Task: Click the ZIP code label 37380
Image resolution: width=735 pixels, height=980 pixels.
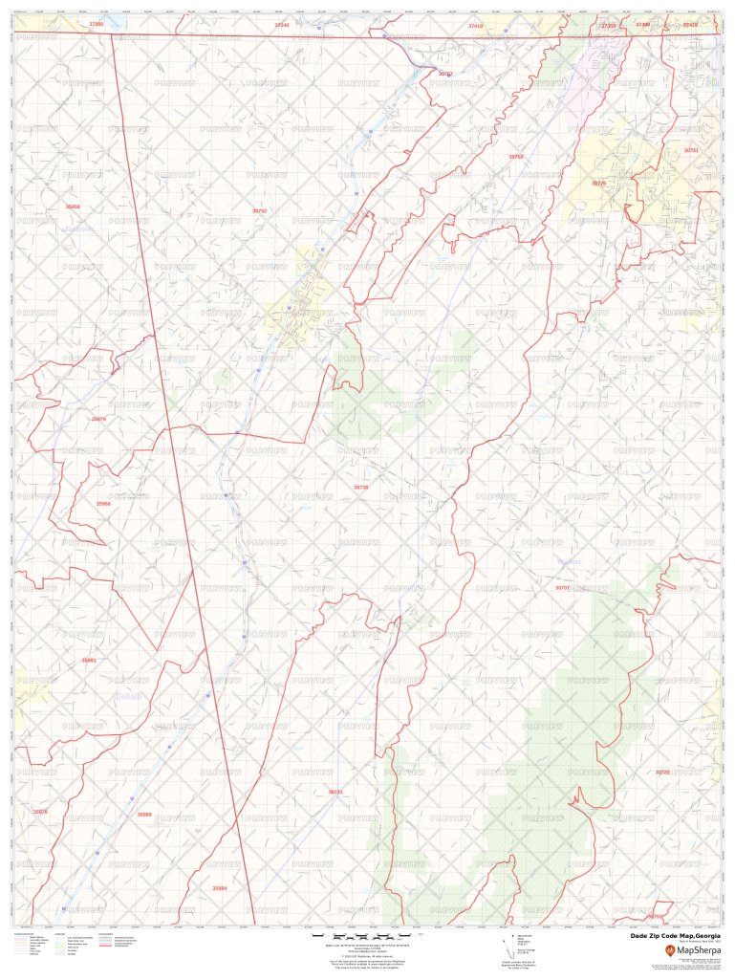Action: tap(96, 23)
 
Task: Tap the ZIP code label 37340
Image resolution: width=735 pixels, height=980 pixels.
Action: tap(281, 25)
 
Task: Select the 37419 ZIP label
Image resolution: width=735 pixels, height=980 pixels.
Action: tap(476, 26)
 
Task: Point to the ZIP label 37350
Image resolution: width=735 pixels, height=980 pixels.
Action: tap(608, 26)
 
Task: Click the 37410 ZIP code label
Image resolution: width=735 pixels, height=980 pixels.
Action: tap(690, 25)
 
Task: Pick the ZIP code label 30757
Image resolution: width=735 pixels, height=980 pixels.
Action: tap(445, 74)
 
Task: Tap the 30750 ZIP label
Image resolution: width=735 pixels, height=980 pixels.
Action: tap(516, 156)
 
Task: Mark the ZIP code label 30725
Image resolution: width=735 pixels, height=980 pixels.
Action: tap(598, 183)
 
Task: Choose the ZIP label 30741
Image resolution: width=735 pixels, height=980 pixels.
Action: tap(691, 150)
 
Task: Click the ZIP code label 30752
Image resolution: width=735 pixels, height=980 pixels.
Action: tap(259, 210)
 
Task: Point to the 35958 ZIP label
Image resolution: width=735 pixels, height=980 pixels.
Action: tap(74, 207)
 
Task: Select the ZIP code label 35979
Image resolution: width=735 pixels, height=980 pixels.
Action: tap(98, 419)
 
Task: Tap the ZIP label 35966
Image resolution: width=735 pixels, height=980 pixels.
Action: tap(103, 503)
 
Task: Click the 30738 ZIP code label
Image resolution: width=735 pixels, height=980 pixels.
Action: tap(361, 487)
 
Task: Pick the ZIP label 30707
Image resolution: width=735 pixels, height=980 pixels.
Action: tap(562, 588)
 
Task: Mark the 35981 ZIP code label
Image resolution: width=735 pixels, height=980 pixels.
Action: tap(89, 660)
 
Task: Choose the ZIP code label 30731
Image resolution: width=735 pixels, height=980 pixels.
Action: tap(335, 792)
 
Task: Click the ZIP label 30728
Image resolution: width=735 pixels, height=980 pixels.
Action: tap(662, 772)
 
